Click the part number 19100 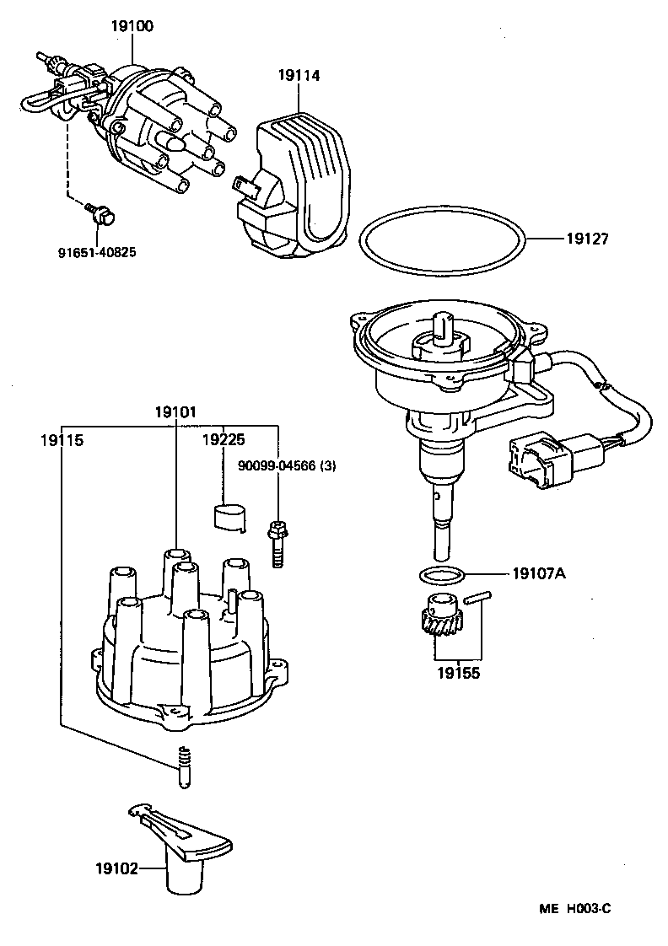(132, 26)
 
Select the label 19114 (299, 76)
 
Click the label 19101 (175, 412)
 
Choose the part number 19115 (62, 439)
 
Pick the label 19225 (224, 439)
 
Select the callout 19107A (538, 574)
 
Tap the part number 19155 (458, 675)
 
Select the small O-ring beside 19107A (441, 576)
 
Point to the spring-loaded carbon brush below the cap (182, 766)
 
